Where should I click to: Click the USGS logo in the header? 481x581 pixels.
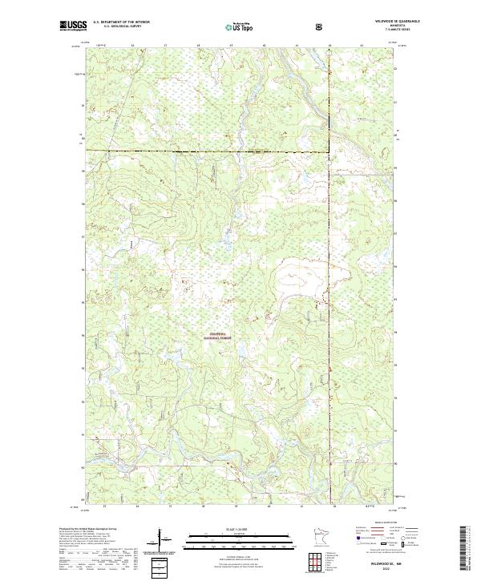tap(72, 26)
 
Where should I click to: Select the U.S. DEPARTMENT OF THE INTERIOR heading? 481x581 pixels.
tap(121, 22)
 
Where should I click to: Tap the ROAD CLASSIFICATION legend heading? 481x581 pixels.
tap(378, 527)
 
